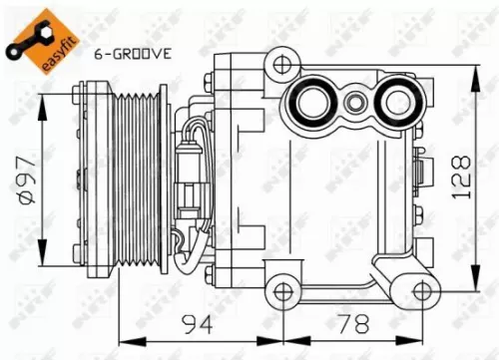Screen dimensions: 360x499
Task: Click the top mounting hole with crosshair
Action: coord(280,65)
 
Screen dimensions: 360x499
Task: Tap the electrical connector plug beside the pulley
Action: coord(190,180)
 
